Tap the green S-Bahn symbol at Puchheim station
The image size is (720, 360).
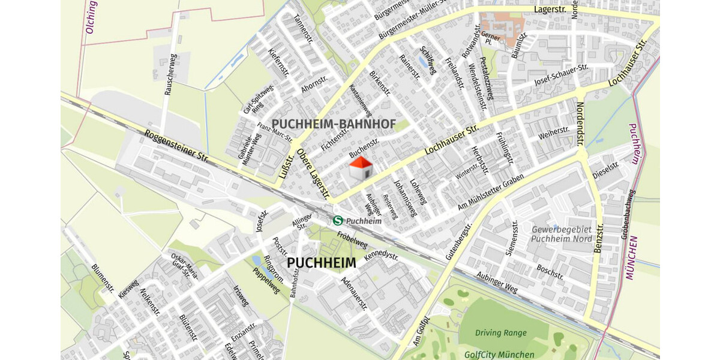click(x=338, y=221)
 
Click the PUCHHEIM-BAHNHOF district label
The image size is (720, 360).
click(x=334, y=124)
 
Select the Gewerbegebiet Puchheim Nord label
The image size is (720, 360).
click(x=562, y=234)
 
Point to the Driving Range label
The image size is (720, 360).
click(x=500, y=333)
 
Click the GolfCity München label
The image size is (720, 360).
click(x=499, y=355)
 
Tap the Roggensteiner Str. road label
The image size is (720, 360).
click(x=176, y=147)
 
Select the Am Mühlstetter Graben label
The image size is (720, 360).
click(x=491, y=192)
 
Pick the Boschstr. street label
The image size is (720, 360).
click(x=550, y=273)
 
